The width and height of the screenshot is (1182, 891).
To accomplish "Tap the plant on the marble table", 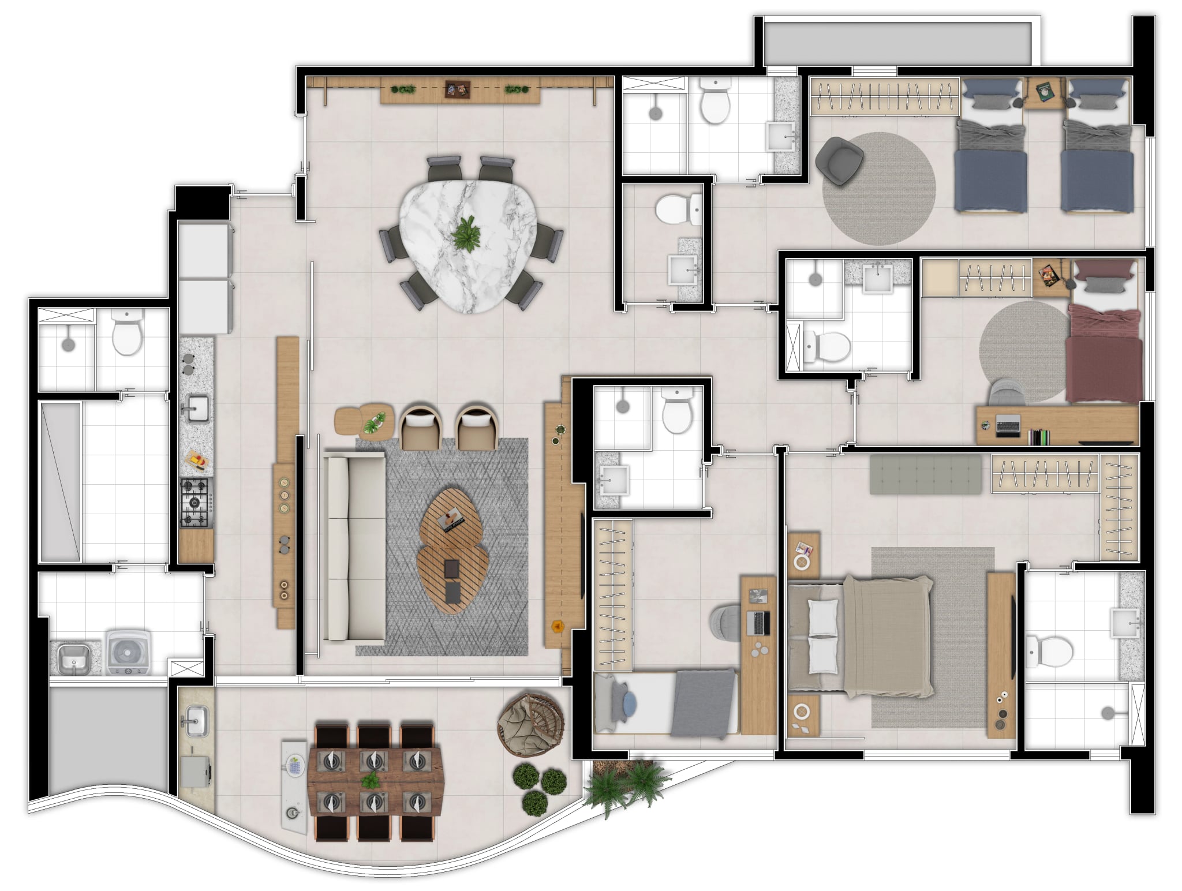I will [466, 234].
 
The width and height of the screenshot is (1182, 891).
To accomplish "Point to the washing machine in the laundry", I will [128, 652].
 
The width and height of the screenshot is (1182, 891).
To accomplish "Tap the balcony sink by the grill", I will [196, 722].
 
